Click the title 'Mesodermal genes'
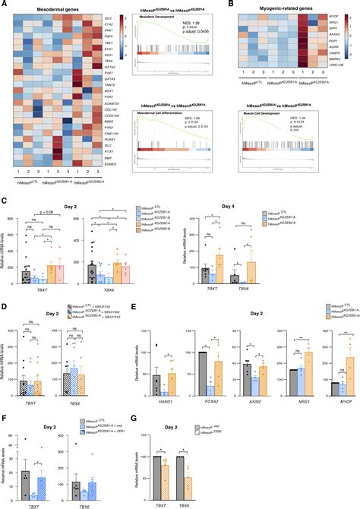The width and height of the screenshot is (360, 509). (52, 7)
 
